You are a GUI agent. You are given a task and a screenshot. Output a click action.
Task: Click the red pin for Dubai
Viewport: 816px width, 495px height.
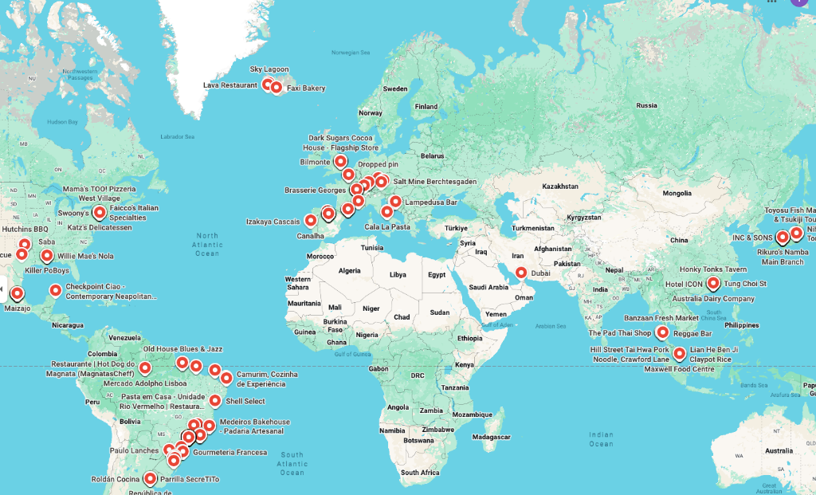521,273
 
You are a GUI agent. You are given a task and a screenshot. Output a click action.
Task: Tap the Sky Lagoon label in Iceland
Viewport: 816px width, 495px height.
269,69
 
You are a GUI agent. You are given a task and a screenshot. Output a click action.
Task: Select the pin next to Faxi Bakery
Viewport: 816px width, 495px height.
277,87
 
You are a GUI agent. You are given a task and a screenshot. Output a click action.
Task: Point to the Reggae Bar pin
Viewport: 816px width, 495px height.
662,332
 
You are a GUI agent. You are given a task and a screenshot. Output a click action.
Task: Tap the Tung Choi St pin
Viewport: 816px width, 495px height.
713,283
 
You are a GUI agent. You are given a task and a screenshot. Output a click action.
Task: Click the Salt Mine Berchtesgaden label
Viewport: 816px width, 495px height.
435,182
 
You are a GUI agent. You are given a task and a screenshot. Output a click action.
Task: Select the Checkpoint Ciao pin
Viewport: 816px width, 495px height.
55,290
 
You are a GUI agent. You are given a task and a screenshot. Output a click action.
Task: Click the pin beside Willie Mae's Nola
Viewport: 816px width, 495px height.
47,257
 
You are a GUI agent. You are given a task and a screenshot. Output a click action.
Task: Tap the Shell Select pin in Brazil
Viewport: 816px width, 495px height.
215,400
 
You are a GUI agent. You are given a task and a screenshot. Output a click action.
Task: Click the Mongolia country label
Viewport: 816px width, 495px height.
677,193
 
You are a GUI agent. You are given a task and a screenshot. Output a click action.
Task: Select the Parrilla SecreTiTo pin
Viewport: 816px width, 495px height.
151,478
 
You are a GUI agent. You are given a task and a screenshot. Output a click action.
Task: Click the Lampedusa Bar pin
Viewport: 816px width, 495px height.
395,202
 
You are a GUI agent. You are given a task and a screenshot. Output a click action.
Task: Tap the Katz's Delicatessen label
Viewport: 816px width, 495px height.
100,227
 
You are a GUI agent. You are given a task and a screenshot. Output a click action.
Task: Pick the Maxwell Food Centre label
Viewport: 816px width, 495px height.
679,369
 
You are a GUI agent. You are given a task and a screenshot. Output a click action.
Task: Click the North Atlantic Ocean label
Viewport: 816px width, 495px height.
207,244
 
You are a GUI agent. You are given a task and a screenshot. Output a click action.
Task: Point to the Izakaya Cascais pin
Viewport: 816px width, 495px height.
311,220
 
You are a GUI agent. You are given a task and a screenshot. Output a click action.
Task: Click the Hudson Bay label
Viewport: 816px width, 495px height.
62,122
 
